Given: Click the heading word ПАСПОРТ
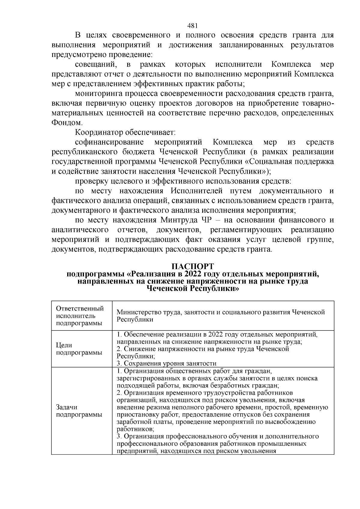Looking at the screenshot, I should tap(192, 266).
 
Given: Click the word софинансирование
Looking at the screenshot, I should tap(109, 142).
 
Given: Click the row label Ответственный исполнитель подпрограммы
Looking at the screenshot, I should tap(80, 316).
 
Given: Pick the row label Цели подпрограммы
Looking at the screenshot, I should tap(79, 349).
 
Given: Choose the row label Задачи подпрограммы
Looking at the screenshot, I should tap(79, 411).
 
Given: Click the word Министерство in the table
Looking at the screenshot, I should tap(135, 312).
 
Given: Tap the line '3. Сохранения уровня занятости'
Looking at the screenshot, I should tap(166, 364).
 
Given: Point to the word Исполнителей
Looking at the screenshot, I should tap(196, 191).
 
